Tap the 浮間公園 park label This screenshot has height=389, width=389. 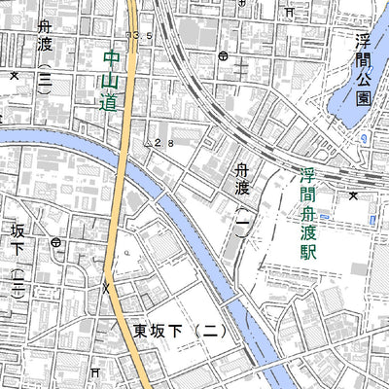(362, 69)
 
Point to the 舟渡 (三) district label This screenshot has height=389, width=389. (44, 63)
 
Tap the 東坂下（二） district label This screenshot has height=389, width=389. (180, 332)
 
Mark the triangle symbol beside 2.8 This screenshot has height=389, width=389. (149, 142)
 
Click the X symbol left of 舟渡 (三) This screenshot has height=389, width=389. (14, 75)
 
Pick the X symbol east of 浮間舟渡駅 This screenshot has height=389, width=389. (353, 195)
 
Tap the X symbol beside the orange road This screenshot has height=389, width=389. (106, 288)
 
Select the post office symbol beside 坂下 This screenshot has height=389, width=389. (57, 240)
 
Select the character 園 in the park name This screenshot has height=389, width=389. (362, 98)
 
